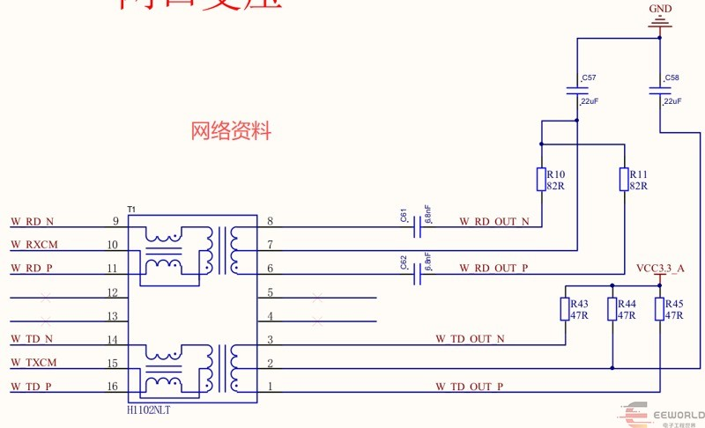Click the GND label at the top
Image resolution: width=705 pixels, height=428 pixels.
(660, 9)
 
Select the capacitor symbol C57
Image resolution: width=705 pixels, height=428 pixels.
(577, 90)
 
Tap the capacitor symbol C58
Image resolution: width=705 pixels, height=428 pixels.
(659, 90)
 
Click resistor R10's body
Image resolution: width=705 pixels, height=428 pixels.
(541, 180)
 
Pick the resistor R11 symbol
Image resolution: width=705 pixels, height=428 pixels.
(624, 180)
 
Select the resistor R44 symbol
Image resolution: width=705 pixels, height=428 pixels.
(612, 309)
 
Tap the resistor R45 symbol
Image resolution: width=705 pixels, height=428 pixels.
(660, 309)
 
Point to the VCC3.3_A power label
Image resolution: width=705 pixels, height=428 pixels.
(660, 268)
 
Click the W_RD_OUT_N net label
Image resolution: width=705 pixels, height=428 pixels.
(494, 222)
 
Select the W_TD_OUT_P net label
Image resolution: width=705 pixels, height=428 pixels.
(469, 387)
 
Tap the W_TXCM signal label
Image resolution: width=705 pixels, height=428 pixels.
(33, 363)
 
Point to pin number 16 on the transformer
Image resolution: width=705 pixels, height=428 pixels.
(112, 387)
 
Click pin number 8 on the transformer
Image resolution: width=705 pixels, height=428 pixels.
(270, 221)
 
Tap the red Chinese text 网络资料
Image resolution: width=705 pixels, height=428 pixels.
(231, 132)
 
